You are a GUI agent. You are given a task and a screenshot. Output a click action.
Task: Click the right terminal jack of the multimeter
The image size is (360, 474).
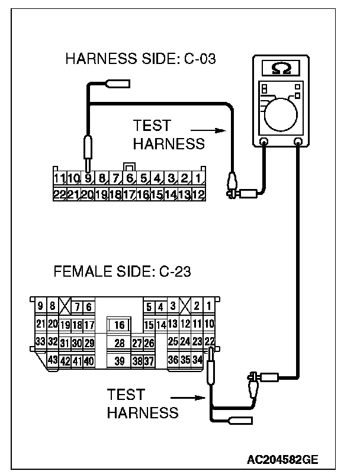pos(298,142)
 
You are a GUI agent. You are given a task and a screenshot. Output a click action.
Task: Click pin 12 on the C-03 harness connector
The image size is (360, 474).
pos(198,193)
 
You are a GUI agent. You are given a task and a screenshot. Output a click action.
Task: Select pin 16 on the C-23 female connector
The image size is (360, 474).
pos(119,325)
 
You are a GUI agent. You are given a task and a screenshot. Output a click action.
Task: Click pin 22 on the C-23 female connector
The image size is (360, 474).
pos(210,342)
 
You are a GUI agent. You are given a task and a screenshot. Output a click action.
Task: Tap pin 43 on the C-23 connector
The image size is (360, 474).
pos(53,360)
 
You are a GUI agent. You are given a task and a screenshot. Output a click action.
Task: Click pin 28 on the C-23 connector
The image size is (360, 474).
pos(119,342)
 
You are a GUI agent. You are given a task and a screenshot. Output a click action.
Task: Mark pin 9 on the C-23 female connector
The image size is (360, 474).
pos(40,306)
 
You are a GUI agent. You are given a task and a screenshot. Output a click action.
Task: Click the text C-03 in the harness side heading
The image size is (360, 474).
pos(195,59)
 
